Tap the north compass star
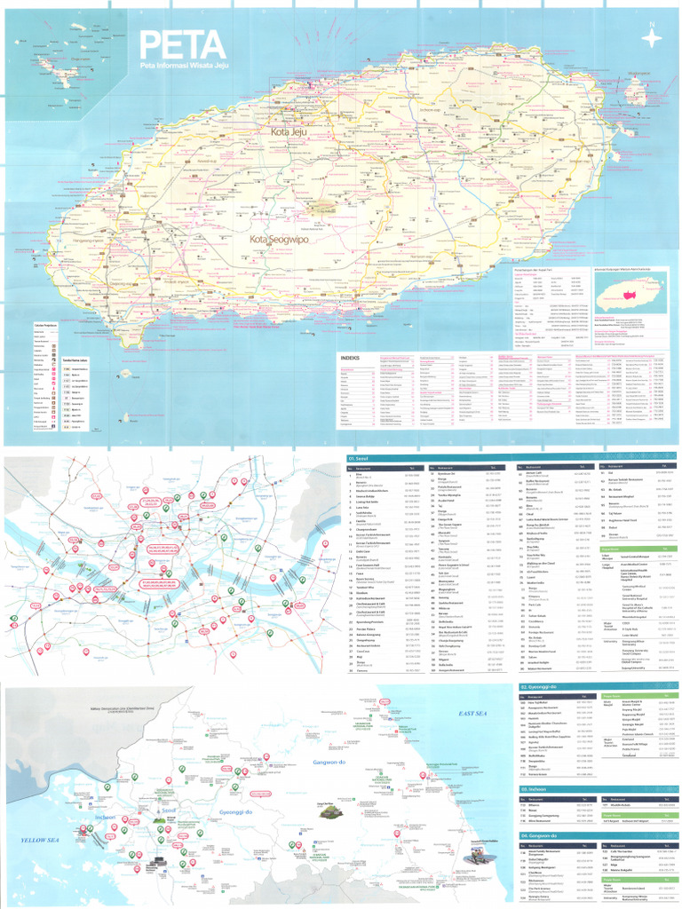tap(653, 37)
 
